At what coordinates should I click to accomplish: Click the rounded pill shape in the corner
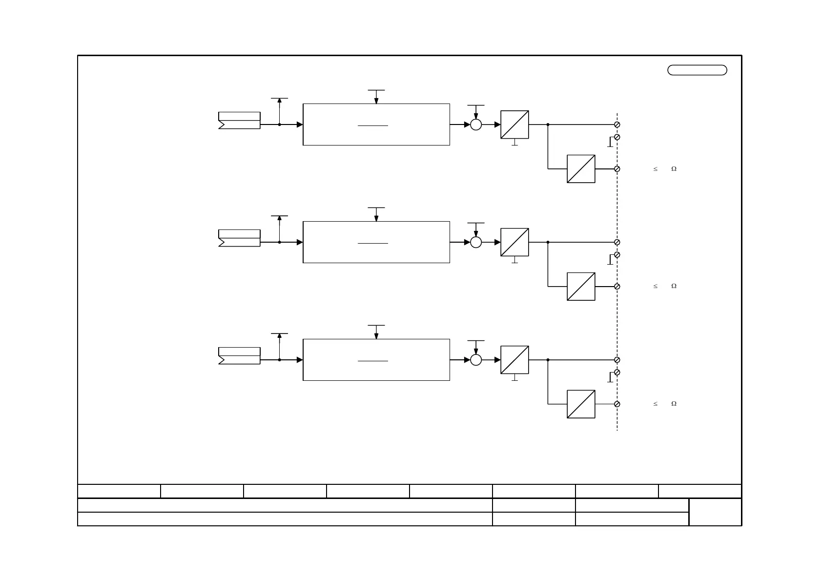pos(697,70)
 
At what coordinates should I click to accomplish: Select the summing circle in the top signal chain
pos(476,124)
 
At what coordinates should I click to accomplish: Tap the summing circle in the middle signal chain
pos(476,242)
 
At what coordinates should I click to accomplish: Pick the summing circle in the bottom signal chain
pos(476,360)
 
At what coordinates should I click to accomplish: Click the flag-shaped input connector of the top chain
pos(239,121)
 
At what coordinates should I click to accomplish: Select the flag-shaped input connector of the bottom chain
pos(239,356)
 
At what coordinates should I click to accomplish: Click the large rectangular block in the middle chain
pos(376,242)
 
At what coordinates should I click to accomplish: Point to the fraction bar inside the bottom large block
pos(373,361)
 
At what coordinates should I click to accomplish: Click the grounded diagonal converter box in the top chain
pos(514,124)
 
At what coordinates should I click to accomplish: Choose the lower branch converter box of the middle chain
pos(581,287)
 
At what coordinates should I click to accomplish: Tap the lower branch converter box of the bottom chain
pos(581,404)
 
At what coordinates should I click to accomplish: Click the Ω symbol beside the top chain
pos(674,169)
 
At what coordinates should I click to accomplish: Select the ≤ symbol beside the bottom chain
pos(656,404)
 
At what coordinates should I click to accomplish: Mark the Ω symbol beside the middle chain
pos(674,286)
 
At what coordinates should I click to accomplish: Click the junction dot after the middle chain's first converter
pos(548,242)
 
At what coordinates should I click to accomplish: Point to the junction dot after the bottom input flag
pos(279,360)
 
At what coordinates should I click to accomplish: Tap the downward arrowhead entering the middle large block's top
pos(376,218)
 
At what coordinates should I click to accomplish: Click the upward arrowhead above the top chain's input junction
pos(279,101)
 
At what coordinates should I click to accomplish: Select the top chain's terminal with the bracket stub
pos(617,137)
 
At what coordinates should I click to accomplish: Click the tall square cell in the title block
pos(715,512)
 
